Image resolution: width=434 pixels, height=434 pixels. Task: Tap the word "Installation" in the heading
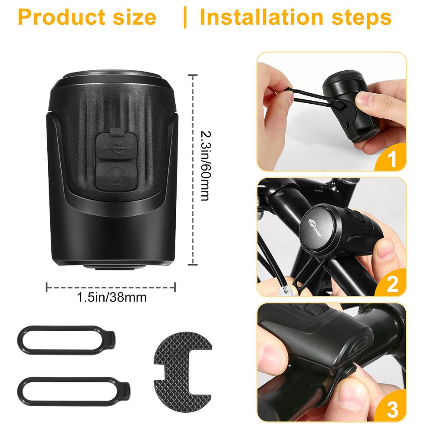click(x=261, y=17)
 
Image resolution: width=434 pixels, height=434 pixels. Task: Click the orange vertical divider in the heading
click(x=185, y=17)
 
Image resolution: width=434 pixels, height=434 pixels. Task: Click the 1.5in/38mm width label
click(x=112, y=297)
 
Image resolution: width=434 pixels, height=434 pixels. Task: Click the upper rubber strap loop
click(x=66, y=340)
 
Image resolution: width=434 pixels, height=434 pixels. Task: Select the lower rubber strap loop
click(x=74, y=391)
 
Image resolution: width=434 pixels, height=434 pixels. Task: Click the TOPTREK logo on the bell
click(x=316, y=228)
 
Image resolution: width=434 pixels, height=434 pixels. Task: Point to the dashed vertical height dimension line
click(x=193, y=170)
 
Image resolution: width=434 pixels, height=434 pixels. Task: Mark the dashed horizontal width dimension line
click(x=111, y=287)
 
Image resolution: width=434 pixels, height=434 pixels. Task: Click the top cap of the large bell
click(x=112, y=76)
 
